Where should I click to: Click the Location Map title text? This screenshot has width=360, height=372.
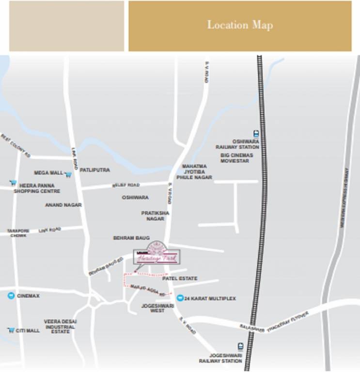click(x=240, y=25)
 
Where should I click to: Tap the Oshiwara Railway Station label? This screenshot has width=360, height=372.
click(x=237, y=144)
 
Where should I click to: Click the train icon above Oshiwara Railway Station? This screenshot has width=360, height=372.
click(x=255, y=134)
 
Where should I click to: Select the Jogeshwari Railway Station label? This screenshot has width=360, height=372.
click(x=220, y=358)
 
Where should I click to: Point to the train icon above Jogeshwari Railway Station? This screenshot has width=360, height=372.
click(x=240, y=347)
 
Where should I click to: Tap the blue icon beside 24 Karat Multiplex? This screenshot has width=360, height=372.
click(x=180, y=298)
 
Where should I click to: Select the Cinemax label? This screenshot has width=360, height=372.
click(x=28, y=295)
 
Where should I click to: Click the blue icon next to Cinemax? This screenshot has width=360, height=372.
click(x=11, y=295)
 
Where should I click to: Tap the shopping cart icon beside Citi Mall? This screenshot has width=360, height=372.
click(x=11, y=330)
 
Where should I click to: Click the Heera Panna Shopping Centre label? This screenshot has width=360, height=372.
click(x=37, y=188)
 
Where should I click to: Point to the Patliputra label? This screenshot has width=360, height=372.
click(x=94, y=170)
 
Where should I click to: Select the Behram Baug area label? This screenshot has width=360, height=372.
click(x=131, y=238)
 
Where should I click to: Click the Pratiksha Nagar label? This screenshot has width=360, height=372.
click(x=155, y=216)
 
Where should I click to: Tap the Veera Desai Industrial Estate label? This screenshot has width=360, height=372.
click(x=60, y=326)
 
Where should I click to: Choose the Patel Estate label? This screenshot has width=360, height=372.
click(x=180, y=279)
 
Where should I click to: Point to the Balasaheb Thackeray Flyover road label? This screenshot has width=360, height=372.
click(x=274, y=322)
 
